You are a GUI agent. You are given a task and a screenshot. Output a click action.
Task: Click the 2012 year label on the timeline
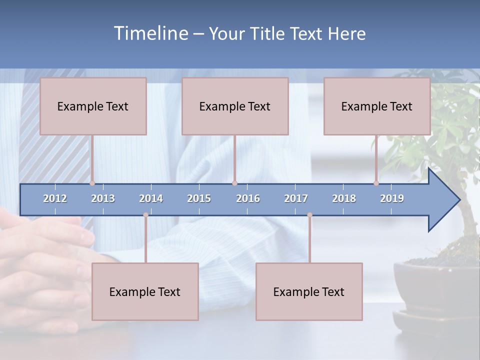pyautogui.click(x=55, y=198)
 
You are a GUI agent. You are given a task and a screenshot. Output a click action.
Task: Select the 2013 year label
pyautogui.click(x=103, y=198)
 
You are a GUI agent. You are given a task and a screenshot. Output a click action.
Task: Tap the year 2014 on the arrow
pyautogui.click(x=151, y=198)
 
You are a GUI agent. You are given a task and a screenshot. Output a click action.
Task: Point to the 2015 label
pyautogui.click(x=199, y=198)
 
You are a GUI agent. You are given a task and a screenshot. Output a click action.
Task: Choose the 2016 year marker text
pyautogui.click(x=248, y=198)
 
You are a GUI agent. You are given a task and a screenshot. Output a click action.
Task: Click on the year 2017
pyautogui.click(x=296, y=198)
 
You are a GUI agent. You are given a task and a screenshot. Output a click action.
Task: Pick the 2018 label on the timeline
pyautogui.click(x=344, y=198)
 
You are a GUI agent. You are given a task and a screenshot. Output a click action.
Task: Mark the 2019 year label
pyautogui.click(x=392, y=198)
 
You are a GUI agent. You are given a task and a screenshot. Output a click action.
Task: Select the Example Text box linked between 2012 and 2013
pyautogui.click(x=93, y=106)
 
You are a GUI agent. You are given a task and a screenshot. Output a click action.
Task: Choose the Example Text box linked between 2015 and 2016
pyautogui.click(x=235, y=106)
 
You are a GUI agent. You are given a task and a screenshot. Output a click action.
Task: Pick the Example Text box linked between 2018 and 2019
pyautogui.click(x=377, y=106)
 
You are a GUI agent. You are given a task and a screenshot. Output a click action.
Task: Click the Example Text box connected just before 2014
pyautogui.click(x=145, y=291)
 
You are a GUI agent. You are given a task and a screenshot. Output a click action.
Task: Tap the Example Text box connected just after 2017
pyautogui.click(x=309, y=291)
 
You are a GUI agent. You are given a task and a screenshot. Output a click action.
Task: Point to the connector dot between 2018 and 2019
pyautogui.click(x=376, y=183)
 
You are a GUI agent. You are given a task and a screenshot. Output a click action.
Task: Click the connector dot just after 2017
pyautogui.click(x=309, y=215)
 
